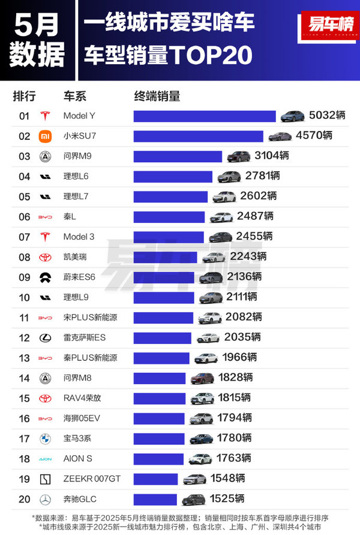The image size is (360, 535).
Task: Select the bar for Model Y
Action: [204, 116]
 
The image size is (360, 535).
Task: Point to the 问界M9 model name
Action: [77, 156]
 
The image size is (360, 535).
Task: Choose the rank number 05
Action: [25, 196]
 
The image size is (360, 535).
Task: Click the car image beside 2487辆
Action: [220, 217]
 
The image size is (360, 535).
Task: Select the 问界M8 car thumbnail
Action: [202, 378]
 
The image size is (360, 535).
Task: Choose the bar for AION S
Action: [158, 459]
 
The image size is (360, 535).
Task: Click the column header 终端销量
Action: [157, 96]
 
